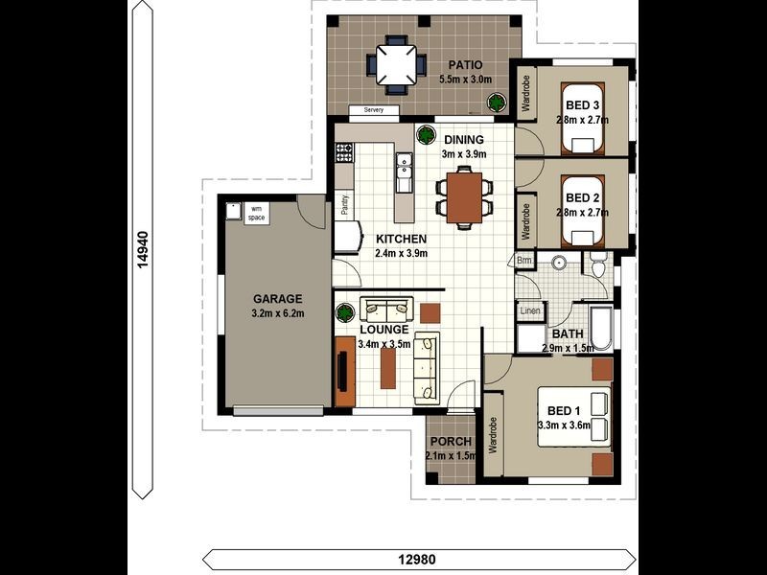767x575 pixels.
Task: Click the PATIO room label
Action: click(x=465, y=65)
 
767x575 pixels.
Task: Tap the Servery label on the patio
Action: click(x=374, y=110)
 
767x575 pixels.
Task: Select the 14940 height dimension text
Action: click(x=142, y=250)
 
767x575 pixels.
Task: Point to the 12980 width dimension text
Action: click(x=417, y=559)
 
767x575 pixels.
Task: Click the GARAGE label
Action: click(x=277, y=299)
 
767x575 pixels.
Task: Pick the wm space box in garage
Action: click(x=256, y=214)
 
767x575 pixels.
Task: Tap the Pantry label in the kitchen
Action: click(x=345, y=205)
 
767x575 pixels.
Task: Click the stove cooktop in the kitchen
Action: click(x=344, y=152)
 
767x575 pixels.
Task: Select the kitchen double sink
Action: click(x=404, y=166)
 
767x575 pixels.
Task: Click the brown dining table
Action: click(x=464, y=197)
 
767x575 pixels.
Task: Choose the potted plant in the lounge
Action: click(x=345, y=312)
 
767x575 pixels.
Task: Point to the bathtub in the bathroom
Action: click(x=601, y=329)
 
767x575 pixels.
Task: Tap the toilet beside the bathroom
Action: click(x=597, y=264)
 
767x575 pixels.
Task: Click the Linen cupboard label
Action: click(x=530, y=310)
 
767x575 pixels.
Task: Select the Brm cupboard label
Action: click(x=524, y=260)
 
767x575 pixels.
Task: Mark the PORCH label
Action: click(x=451, y=442)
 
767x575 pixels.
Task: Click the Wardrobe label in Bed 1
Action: click(x=493, y=435)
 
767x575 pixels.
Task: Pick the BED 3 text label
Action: click(x=582, y=105)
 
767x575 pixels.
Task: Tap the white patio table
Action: click(x=396, y=64)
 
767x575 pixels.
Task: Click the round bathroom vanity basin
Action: click(x=559, y=263)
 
